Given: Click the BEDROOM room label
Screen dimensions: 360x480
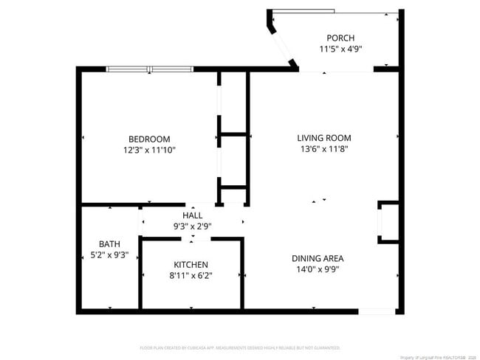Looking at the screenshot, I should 149,139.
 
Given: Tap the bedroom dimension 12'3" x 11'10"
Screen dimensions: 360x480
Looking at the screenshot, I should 149,150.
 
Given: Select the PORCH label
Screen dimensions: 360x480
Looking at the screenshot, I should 340,38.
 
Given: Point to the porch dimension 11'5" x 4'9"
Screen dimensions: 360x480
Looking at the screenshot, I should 340,49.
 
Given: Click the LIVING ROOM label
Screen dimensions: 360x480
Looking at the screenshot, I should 323,138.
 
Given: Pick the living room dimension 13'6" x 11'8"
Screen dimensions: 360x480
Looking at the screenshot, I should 323,149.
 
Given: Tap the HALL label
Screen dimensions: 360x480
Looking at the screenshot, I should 192,215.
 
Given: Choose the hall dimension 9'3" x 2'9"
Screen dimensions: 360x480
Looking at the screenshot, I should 192,226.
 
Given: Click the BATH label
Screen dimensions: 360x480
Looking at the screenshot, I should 109,244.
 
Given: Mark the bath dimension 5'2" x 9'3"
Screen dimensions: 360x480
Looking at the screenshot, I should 109,255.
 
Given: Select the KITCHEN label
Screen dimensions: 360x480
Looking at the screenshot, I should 191,265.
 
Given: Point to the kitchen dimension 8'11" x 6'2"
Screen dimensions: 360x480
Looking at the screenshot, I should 191,276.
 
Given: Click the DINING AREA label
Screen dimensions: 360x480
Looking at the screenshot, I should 318,258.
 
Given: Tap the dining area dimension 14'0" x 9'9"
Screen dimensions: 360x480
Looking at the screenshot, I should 318,269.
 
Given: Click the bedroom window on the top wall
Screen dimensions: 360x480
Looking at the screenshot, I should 150,69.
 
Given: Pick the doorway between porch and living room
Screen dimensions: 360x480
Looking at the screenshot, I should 336,71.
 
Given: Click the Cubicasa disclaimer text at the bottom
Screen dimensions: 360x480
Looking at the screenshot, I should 240,347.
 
